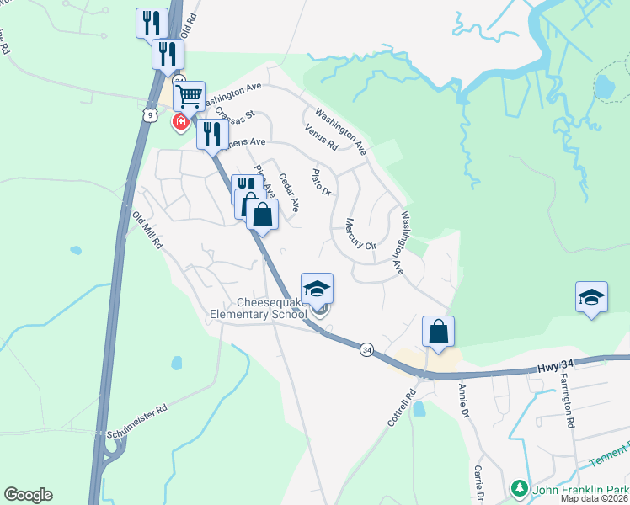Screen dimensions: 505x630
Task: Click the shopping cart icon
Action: [190, 95]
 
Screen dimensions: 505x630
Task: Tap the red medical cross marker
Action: [179, 123]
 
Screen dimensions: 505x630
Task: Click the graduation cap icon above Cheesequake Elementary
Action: [318, 288]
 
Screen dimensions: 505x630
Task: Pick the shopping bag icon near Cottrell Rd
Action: [439, 331]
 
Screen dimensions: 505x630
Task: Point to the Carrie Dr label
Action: [479, 482]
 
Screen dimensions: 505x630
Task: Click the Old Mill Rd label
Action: [146, 229]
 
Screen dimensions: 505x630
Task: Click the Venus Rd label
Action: [322, 137]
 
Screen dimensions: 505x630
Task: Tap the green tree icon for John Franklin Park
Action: [519, 488]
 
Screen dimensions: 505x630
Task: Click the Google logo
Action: [28, 495]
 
